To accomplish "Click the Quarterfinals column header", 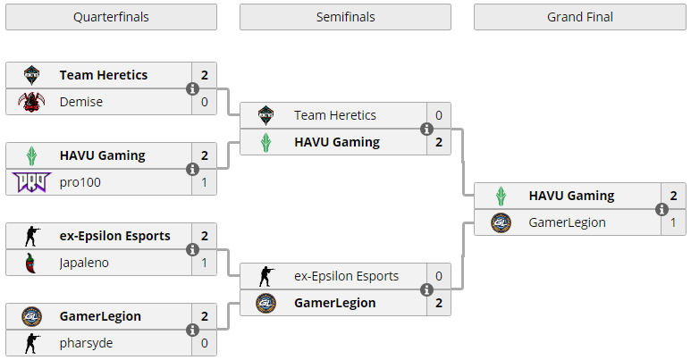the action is click(x=111, y=17).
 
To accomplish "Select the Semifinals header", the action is click(x=345, y=17).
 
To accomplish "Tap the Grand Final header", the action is click(x=580, y=17).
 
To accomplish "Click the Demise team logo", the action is click(x=31, y=102).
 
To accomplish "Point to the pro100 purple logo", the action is click(x=31, y=182).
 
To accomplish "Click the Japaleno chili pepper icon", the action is click(x=30, y=263).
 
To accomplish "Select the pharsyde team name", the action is click(x=86, y=343).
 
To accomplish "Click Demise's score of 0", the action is click(x=205, y=102).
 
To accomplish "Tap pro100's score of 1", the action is click(x=205, y=182).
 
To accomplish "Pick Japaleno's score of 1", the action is click(x=205, y=263).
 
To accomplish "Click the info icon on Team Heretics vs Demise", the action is click(x=192, y=88).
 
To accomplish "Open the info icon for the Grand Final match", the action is click(x=662, y=209).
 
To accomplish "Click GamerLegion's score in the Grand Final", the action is click(x=673, y=223).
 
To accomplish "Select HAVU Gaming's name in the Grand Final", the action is click(x=571, y=196).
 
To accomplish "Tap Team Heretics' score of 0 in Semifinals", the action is click(x=439, y=115).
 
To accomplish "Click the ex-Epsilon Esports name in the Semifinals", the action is click(x=346, y=276).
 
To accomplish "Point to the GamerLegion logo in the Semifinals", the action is click(x=266, y=303).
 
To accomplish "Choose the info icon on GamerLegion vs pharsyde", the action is click(x=192, y=330).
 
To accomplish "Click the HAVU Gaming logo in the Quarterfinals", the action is click(x=31, y=155).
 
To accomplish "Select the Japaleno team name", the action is click(x=84, y=263).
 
